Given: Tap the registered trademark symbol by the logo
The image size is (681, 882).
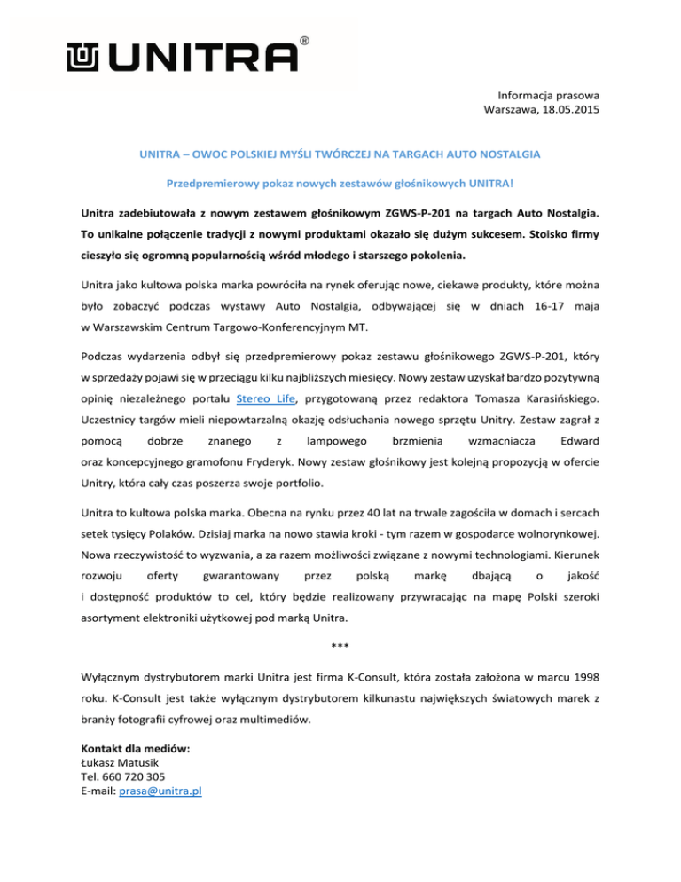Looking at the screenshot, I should pos(305,41).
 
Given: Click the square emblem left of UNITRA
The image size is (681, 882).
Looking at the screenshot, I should pos(83,58).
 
